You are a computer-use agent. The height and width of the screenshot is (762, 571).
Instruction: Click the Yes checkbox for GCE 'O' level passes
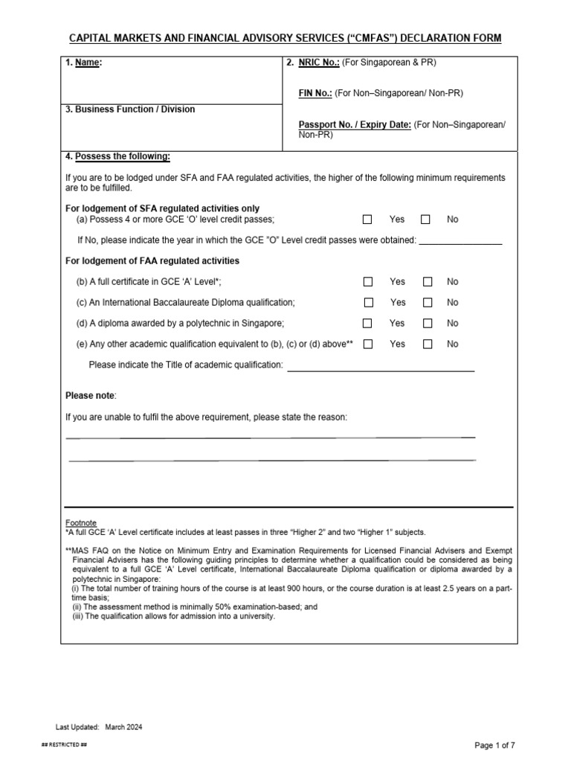coord(367,220)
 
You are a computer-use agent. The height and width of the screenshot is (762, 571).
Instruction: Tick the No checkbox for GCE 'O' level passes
coord(425,220)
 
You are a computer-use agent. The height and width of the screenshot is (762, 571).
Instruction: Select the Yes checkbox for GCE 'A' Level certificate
coord(367,282)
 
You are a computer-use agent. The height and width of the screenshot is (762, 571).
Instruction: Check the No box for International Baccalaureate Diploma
coord(428,303)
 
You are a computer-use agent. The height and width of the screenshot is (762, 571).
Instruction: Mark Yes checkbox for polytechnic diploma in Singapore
coord(367,324)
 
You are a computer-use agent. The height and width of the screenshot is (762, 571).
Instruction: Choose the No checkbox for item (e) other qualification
coord(428,345)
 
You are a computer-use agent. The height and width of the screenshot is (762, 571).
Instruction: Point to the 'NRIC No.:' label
coord(319,63)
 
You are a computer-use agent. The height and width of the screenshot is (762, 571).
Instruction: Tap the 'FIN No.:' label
coord(314,93)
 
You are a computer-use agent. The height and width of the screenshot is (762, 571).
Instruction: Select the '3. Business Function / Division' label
coord(130,109)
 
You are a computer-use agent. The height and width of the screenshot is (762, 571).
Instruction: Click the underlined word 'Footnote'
coord(81,523)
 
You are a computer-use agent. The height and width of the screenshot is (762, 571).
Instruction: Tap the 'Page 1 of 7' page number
coord(500,746)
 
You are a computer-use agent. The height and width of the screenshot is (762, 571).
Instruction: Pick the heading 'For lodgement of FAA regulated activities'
coord(152,261)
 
